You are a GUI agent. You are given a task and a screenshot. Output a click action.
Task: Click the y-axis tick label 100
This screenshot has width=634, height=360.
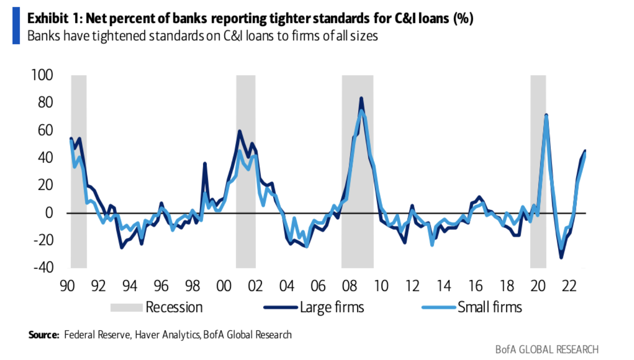tap(42, 75)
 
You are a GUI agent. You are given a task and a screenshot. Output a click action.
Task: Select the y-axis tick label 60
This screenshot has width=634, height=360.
tap(45, 130)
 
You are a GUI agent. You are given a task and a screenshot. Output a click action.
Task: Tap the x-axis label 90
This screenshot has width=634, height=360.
tap(67, 286)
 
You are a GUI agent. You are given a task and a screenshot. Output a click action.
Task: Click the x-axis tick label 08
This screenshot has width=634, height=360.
tap(349, 286)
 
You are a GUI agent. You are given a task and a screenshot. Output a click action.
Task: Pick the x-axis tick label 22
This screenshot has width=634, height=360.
tap(569, 286)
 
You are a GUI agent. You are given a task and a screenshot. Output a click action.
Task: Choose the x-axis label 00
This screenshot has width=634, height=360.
tap(224, 286)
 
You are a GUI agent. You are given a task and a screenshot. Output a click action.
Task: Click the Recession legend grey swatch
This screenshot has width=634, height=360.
tap(126, 307)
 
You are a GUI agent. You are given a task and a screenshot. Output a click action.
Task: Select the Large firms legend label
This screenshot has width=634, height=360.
tap(332, 307)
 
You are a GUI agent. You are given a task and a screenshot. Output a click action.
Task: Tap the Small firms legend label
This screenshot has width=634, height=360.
tap(490, 307)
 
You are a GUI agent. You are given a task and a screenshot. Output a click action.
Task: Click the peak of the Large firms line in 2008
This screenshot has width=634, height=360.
tap(361, 98)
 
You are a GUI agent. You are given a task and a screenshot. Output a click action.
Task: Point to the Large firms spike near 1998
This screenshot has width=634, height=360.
tap(205, 163)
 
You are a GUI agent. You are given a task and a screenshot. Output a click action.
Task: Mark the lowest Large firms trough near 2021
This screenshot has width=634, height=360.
tap(561, 257)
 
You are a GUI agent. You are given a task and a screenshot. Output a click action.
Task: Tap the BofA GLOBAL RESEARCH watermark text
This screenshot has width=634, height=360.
tap(547, 349)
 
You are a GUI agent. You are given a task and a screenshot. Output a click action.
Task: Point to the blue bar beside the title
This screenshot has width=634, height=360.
tap(16, 26)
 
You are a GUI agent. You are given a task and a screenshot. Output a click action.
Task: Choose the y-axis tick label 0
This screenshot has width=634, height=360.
tap(49, 213)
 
